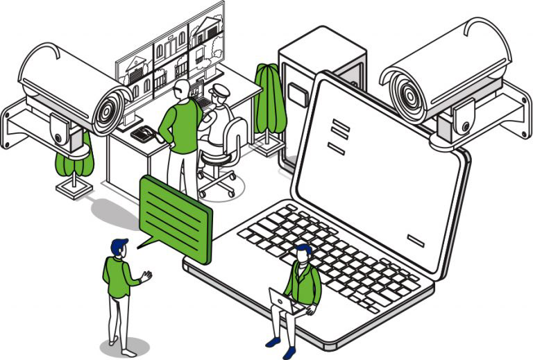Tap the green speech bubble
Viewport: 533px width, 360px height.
click(175, 218)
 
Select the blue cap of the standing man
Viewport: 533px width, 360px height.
click(119, 245)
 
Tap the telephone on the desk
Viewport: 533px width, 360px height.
click(144, 134)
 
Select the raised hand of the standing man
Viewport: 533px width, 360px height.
click(146, 276)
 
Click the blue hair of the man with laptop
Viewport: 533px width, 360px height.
click(303, 249)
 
